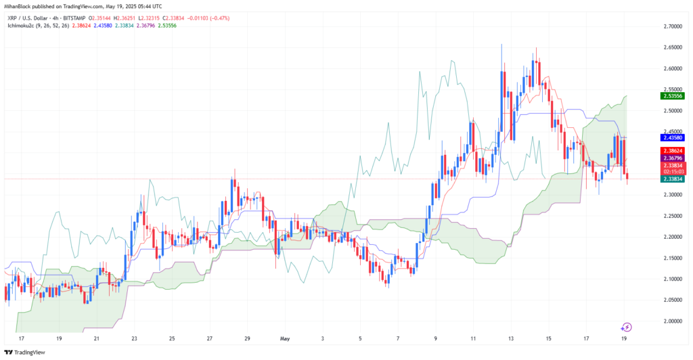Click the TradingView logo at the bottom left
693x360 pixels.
tap(28, 352)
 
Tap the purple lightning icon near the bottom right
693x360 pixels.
tap(627, 327)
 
